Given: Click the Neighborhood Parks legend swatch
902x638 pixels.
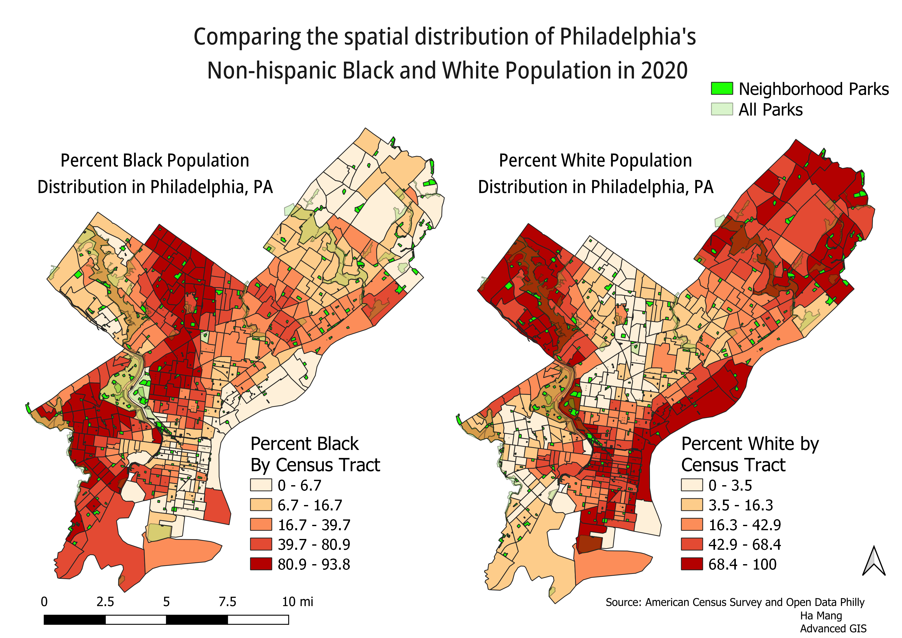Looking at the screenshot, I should point(722,89).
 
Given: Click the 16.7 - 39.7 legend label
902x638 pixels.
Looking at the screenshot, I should point(314,525).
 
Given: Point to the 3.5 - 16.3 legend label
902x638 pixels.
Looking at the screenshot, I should point(740,505).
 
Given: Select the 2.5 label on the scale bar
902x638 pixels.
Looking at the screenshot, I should point(105,602).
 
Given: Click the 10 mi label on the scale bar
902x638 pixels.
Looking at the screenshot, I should point(297,602).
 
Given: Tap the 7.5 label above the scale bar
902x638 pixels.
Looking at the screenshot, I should point(227,602).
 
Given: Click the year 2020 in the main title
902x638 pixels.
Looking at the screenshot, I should point(664,71).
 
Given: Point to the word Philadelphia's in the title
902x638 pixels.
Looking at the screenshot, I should point(627,37).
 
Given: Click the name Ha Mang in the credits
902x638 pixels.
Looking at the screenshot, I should point(821,616).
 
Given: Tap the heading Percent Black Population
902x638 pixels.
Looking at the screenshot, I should point(155,161).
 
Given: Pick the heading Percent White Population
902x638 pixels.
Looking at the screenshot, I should point(595,161).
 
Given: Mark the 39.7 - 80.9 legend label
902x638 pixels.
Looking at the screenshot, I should point(314,545).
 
